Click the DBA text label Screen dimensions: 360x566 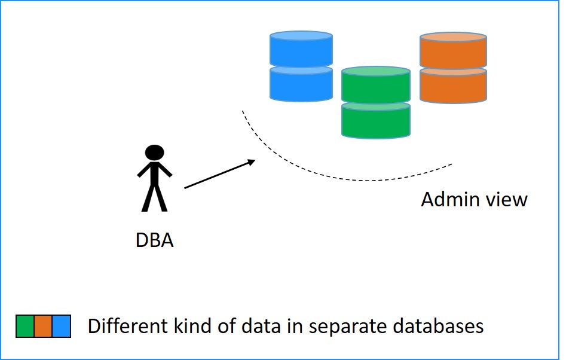click(x=154, y=241)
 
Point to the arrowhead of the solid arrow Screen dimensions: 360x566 click(x=252, y=161)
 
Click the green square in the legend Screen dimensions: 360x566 click(x=25, y=326)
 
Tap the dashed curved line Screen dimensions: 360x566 click(x=359, y=179)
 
